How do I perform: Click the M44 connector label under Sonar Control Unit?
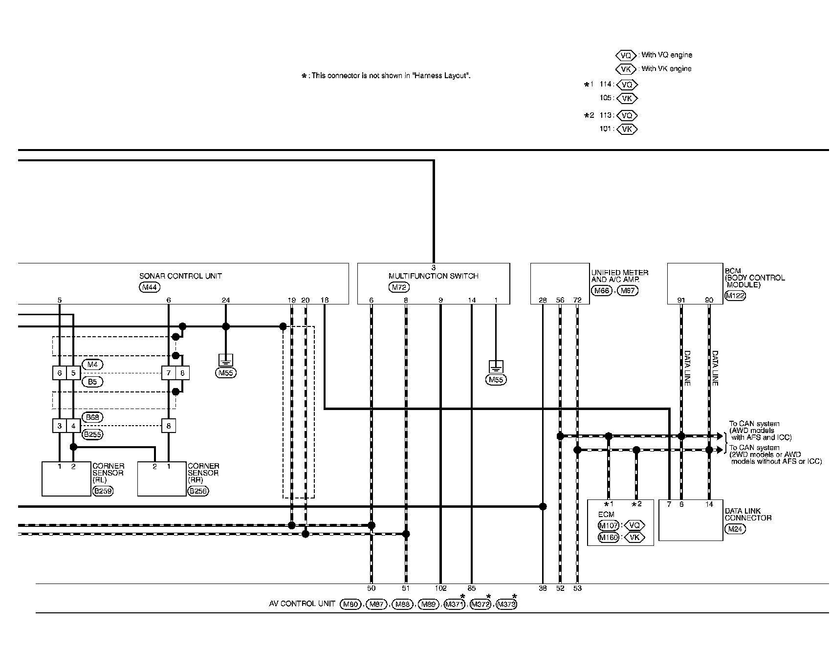tap(149, 287)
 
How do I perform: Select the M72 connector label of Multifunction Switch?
tap(399, 287)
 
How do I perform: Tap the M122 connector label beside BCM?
tap(735, 295)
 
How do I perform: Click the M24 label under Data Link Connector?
tap(735, 529)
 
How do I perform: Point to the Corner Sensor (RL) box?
tap(66, 479)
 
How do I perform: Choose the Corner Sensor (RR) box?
tap(162, 479)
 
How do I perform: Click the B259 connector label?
tap(103, 491)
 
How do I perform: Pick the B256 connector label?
tap(198, 491)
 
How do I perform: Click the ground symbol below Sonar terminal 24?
tap(225, 361)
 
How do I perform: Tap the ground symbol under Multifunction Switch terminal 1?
tap(496, 367)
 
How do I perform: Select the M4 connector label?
tap(92, 364)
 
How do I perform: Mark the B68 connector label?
tap(92, 417)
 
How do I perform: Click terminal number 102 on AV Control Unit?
tap(440, 588)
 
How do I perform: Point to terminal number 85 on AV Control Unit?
tap(472, 588)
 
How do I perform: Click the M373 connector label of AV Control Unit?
tap(506, 605)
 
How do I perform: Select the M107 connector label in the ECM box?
tap(609, 525)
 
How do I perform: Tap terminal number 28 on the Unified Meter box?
tap(543, 300)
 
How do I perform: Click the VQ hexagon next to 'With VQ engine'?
tap(626, 55)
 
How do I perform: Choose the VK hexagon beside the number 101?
tap(627, 130)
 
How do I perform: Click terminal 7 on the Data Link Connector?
tap(669, 504)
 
